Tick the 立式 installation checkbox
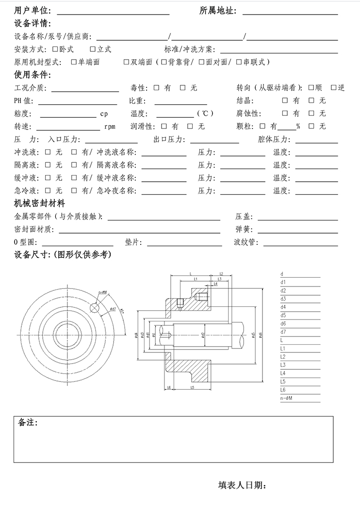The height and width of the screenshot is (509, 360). [x=92, y=49]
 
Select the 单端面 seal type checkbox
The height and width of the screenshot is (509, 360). [x=74, y=62]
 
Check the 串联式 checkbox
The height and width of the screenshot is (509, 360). [x=239, y=62]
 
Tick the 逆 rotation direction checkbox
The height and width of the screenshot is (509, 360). [x=333, y=88]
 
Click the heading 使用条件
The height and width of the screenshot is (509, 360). [x=33, y=75]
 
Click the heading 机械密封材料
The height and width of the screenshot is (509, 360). [x=40, y=203]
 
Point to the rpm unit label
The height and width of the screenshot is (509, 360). [x=110, y=127]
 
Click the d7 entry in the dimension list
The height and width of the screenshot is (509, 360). [x=283, y=332]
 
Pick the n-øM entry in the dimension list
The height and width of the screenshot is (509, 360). [x=286, y=398]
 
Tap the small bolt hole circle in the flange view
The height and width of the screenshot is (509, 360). [x=95, y=307]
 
